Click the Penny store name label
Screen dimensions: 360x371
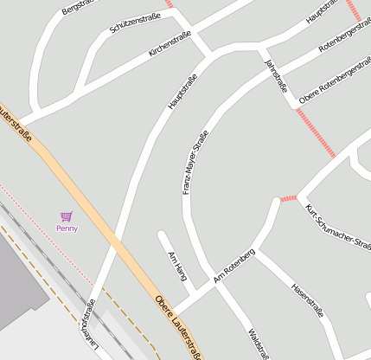67,228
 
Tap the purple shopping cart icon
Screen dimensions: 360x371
67,216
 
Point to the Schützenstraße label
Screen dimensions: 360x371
136,19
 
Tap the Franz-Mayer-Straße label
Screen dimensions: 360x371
195,162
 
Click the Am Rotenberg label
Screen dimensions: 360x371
233,266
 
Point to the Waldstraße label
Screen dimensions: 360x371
258,344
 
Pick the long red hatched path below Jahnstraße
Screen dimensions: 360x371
314,132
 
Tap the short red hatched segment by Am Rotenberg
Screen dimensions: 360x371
288,199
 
